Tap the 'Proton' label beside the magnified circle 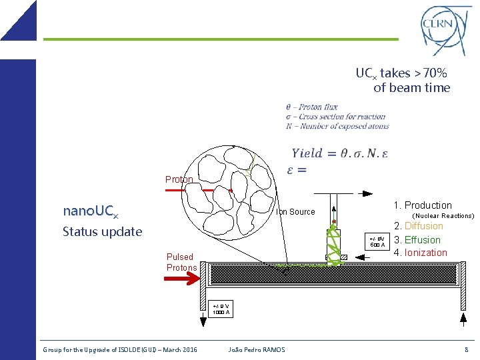click(x=179, y=179)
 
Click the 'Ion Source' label click(x=295, y=212)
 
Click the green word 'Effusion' click(x=422, y=240)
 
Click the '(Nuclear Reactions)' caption click(x=443, y=216)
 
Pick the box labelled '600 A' click(x=377, y=241)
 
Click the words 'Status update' click(x=102, y=232)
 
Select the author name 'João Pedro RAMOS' click(x=256, y=350)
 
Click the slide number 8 click(x=466, y=350)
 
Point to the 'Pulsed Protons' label click(x=181, y=262)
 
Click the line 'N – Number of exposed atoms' click(x=337, y=126)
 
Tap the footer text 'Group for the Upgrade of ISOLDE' click(x=93, y=350)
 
